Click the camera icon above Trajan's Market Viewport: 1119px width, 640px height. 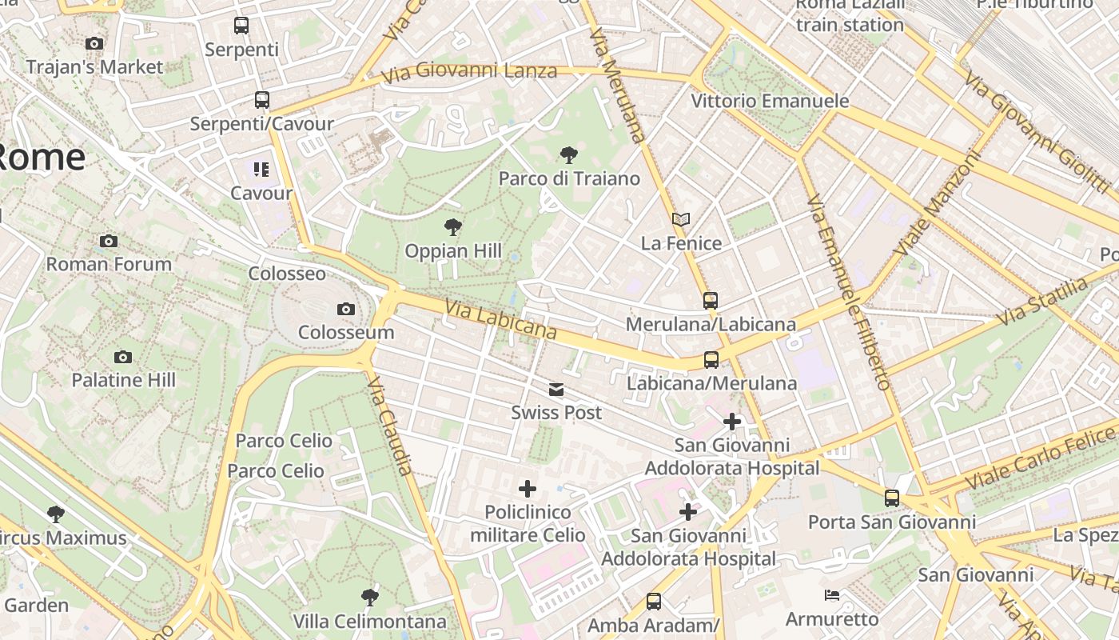pyautogui.click(x=94, y=43)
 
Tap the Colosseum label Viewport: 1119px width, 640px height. pyautogui.click(x=346, y=332)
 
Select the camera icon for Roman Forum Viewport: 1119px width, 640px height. pyautogui.click(x=109, y=241)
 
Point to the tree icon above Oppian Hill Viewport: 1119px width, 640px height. pyautogui.click(x=453, y=227)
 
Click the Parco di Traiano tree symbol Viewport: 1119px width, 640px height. pyautogui.click(x=569, y=154)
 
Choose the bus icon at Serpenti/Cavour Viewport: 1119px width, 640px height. pyautogui.click(x=262, y=100)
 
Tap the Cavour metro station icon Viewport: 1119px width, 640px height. pyautogui.click(x=261, y=169)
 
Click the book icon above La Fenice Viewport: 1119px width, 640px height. pyautogui.click(x=681, y=219)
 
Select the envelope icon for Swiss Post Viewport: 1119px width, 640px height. pyautogui.click(x=556, y=390)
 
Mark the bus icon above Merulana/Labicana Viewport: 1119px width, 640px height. pyautogui.click(x=711, y=301)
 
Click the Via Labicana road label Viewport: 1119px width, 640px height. pyautogui.click(x=500, y=318)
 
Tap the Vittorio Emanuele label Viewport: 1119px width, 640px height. pyautogui.click(x=770, y=101)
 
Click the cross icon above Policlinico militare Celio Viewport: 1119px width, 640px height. pyautogui.click(x=528, y=488)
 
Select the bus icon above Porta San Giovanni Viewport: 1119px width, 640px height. pyautogui.click(x=892, y=498)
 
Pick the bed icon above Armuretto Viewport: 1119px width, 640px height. pyautogui.click(x=832, y=595)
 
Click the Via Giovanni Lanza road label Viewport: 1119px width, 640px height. pyautogui.click(x=469, y=72)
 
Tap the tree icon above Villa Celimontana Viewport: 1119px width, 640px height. pyautogui.click(x=369, y=597)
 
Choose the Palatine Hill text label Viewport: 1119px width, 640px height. pyautogui.click(x=124, y=380)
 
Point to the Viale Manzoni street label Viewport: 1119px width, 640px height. pyautogui.click(x=936, y=204)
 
